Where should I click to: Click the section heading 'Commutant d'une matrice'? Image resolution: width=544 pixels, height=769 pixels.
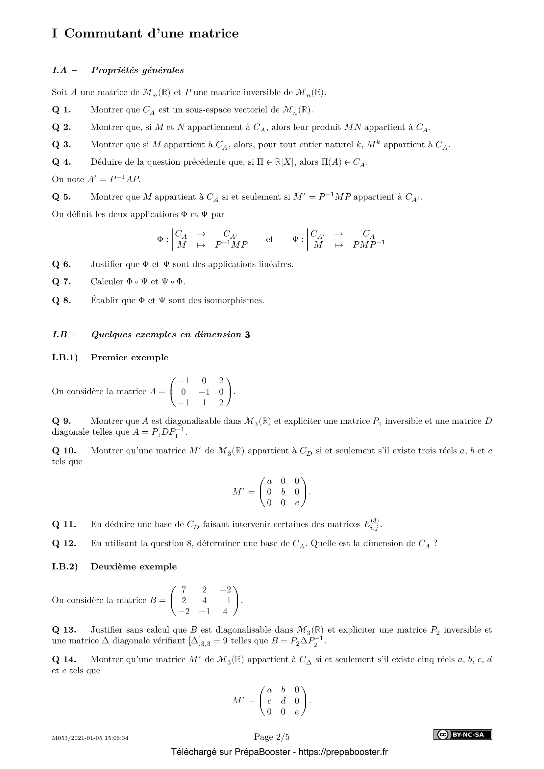[151, 34]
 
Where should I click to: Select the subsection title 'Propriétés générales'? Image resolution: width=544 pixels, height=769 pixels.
[137, 70]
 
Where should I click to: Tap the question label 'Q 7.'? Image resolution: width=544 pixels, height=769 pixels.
[62, 282]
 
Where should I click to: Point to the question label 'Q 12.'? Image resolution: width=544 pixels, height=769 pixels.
[64, 543]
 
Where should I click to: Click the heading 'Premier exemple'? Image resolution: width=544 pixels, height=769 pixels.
[129, 357]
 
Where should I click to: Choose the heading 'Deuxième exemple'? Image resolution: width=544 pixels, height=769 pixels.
[134, 566]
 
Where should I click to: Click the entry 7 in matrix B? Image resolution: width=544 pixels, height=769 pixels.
[184, 589]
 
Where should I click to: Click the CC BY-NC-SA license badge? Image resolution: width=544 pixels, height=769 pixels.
[463, 734]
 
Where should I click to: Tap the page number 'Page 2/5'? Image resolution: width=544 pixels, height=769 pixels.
[272, 737]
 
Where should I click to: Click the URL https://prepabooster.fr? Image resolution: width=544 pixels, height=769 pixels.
[343, 752]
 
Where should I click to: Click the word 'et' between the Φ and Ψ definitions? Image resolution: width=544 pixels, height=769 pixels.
[269, 239]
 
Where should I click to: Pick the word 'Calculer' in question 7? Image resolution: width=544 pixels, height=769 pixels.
[107, 282]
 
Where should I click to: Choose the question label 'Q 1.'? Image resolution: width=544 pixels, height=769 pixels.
[62, 110]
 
